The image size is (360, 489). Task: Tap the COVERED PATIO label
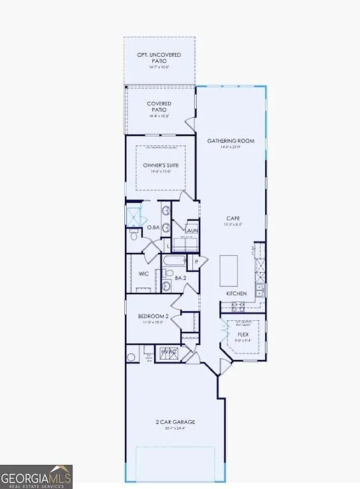point(159,106)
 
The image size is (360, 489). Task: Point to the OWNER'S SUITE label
point(161,165)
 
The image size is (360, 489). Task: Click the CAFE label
point(233,218)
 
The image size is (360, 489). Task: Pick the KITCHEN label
point(236,293)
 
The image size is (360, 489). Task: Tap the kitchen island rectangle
point(229,271)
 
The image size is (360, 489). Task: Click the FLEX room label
point(243,334)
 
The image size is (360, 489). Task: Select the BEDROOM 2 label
point(153,316)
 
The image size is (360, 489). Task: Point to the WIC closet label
point(144,274)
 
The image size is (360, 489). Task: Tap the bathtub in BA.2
point(173,261)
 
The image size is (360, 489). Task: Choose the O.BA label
point(153,227)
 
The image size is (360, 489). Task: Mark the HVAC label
point(168,351)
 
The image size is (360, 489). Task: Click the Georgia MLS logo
point(36,477)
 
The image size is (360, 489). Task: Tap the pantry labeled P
point(197,262)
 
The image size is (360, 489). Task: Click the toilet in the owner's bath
point(134,236)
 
